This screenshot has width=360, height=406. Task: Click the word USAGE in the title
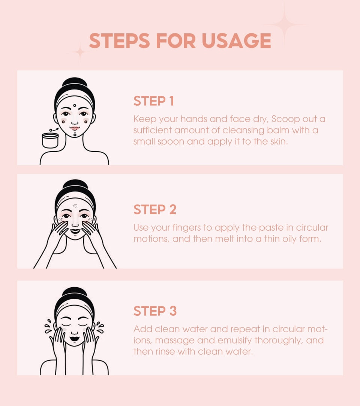tap(236, 41)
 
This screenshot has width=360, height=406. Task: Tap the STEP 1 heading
tap(154, 101)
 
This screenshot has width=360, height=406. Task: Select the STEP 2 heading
tap(155, 209)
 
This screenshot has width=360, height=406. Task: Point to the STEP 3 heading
tap(155, 311)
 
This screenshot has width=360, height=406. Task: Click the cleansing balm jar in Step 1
tap(50, 140)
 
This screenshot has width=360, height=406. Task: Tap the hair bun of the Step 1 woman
tap(75, 83)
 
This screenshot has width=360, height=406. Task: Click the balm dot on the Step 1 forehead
tap(75, 106)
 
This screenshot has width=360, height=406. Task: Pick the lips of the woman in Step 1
tap(75, 128)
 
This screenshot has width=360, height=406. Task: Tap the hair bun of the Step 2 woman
tap(75, 185)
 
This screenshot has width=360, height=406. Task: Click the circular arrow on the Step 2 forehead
tap(75, 206)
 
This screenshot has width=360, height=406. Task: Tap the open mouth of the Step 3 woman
tap(75, 339)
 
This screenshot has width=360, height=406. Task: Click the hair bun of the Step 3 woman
tap(75, 293)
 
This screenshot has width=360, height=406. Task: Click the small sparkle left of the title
tap(80, 52)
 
